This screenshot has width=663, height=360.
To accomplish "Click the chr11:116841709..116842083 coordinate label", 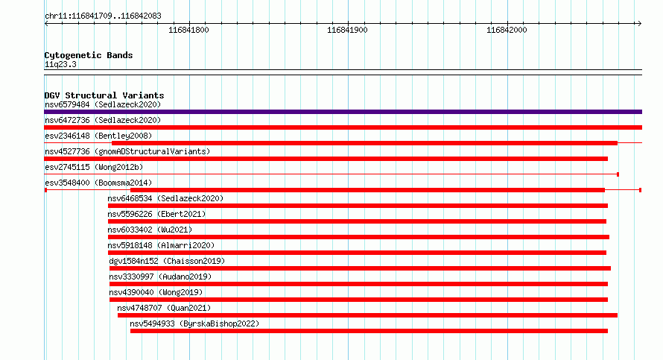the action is [x=103, y=16].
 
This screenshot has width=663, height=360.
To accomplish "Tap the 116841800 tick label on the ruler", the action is [x=188, y=30].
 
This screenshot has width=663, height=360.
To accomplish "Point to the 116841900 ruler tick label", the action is [x=347, y=30].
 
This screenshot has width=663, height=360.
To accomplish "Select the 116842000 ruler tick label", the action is [x=507, y=30].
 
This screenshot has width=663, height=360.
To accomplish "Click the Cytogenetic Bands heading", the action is [x=89, y=55].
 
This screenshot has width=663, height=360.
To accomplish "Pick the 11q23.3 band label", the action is [x=60, y=64].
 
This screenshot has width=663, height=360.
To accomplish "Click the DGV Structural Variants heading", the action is [x=104, y=95].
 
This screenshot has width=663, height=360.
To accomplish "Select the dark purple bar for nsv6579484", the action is [x=343, y=112].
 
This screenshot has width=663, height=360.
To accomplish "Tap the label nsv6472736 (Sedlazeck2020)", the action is [x=103, y=120].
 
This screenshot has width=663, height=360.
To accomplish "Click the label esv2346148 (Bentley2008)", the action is [x=98, y=136].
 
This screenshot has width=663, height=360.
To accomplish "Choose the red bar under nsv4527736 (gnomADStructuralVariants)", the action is [x=326, y=159].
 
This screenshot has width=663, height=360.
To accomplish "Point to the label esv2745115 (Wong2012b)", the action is [x=94, y=167].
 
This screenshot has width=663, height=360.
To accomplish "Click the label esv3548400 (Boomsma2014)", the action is [x=98, y=183].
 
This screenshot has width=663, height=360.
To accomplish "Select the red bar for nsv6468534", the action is [x=358, y=206].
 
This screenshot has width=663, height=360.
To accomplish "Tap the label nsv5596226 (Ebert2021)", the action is [x=156, y=214].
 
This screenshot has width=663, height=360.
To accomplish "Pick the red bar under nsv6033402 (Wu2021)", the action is [x=358, y=237].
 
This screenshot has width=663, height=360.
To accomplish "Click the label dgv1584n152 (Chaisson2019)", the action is [x=167, y=261].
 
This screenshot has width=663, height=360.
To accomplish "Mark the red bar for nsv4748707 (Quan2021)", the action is [x=367, y=315].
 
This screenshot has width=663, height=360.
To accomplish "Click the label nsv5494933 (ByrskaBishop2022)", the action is [x=194, y=323].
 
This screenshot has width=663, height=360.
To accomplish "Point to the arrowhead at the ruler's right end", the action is [x=640, y=24].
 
